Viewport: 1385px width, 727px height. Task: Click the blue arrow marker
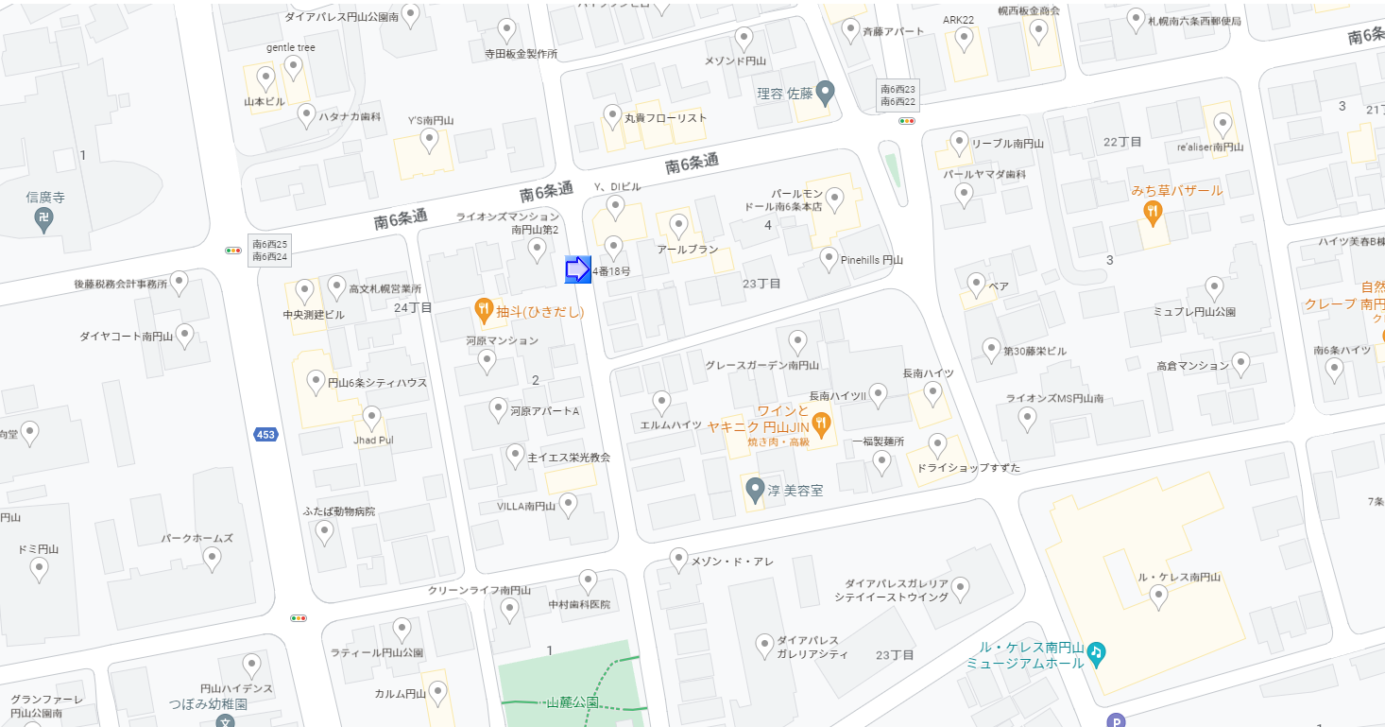click(x=577, y=269)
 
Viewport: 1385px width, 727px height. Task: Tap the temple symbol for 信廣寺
click(x=43, y=220)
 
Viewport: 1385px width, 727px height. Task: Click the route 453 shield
click(x=265, y=434)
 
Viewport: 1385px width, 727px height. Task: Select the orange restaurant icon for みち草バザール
click(x=1153, y=214)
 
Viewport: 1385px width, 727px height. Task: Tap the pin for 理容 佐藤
click(x=826, y=93)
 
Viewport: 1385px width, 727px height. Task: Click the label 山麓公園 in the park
click(x=572, y=702)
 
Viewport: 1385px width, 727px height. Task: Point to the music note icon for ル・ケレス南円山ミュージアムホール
click(x=1096, y=651)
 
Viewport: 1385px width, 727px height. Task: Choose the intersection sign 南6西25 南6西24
click(x=269, y=251)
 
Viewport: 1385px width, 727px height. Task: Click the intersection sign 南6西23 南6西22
click(x=898, y=95)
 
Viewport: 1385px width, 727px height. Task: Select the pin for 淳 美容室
click(x=755, y=490)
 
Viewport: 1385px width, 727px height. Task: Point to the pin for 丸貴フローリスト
click(x=612, y=116)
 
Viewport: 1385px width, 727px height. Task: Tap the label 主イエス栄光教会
click(x=569, y=458)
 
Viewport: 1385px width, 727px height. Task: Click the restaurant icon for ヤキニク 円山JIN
click(x=821, y=424)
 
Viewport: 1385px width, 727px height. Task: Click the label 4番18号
click(x=611, y=271)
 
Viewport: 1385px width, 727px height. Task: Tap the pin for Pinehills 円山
click(x=829, y=258)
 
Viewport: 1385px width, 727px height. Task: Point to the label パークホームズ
click(x=197, y=538)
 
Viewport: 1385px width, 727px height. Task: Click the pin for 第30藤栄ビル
click(x=991, y=349)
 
